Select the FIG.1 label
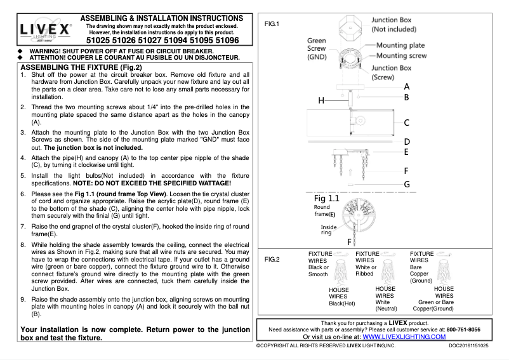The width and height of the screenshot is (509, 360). point(272,23)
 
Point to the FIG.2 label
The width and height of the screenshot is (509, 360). point(272,259)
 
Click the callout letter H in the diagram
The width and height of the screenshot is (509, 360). point(321,101)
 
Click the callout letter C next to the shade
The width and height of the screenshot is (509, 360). point(407,123)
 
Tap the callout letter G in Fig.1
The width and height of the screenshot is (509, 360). point(407,184)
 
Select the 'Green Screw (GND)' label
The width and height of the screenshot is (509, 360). point(317,48)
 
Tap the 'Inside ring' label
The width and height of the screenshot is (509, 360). point(329,230)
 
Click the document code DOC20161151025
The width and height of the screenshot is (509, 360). point(468,346)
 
